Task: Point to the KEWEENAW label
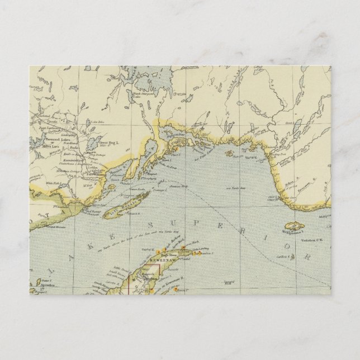point(162,261)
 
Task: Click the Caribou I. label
point(285,256)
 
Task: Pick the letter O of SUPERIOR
point(290,244)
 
